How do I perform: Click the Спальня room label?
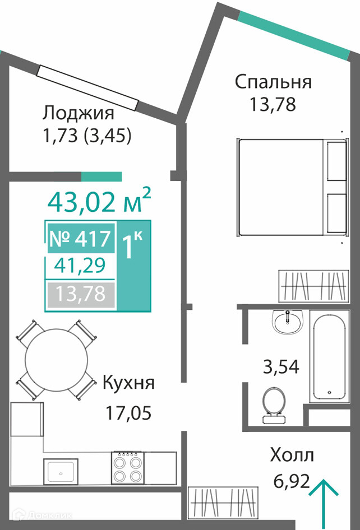273,82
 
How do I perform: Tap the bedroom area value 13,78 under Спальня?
273,104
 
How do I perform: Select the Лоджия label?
78,114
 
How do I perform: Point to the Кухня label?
128,383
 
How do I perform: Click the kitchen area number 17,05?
128,413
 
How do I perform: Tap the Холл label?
292,455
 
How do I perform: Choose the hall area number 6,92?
292,481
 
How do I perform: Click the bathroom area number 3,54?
281,367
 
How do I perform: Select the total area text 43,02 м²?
99,202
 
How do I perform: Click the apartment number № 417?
80,239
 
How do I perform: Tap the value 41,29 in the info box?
80,266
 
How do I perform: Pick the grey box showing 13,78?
81,294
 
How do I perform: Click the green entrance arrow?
324,503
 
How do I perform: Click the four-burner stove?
128,467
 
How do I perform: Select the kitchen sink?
61,472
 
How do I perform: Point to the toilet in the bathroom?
274,405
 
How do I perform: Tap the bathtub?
330,356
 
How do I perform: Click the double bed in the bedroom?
292,187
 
